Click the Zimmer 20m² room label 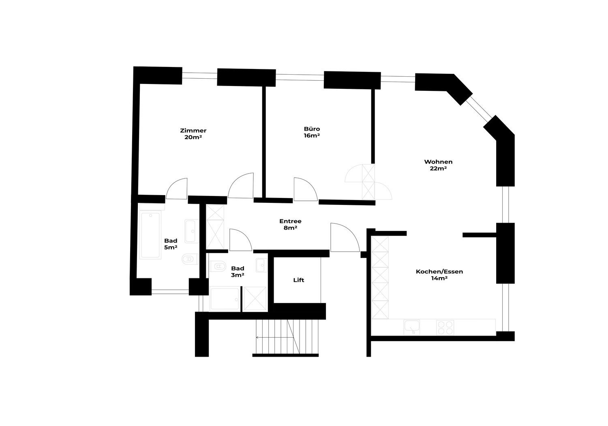click(x=193, y=134)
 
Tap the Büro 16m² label click(x=312, y=132)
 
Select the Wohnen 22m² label click(x=438, y=165)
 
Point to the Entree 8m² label click(x=291, y=224)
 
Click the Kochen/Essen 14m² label click(x=439, y=275)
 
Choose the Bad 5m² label click(x=171, y=244)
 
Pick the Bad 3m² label click(x=238, y=272)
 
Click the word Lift click(x=299, y=280)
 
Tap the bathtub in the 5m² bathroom click(x=150, y=235)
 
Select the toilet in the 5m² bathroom click(x=190, y=259)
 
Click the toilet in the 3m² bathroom click(x=218, y=266)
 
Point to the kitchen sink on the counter click(x=412, y=327)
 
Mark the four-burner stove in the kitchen click(x=445, y=328)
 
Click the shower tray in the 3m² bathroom click(x=225, y=299)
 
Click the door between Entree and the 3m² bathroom click(x=241, y=240)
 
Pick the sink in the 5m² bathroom click(x=192, y=231)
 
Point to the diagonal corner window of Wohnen click(x=479, y=109)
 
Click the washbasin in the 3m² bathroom click(x=261, y=265)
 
